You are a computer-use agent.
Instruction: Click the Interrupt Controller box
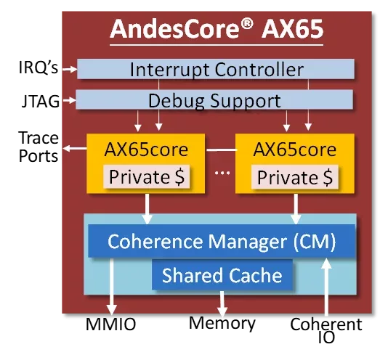(216, 69)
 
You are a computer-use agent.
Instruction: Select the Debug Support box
(214, 99)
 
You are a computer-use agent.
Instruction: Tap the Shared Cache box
(222, 274)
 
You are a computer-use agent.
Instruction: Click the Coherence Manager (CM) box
(222, 241)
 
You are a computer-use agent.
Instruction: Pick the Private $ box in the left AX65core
(146, 176)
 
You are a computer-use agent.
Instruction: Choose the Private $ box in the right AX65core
(295, 177)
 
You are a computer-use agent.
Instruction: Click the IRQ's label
(39, 67)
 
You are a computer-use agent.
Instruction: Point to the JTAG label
(41, 101)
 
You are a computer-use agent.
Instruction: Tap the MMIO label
(110, 324)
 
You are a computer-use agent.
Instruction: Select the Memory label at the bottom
(222, 324)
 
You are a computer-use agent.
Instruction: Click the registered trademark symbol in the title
(247, 25)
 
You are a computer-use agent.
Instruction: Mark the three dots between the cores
(222, 173)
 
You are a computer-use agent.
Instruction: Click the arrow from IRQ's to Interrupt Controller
(70, 69)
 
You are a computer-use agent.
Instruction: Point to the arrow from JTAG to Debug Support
(69, 100)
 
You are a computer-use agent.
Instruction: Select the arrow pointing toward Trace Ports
(75, 148)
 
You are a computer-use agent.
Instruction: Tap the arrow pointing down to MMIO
(112, 287)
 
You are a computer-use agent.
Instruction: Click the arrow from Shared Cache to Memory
(222, 303)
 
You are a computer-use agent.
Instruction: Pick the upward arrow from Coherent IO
(326, 287)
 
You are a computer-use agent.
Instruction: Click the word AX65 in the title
(293, 29)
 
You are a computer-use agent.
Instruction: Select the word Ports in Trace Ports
(39, 156)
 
